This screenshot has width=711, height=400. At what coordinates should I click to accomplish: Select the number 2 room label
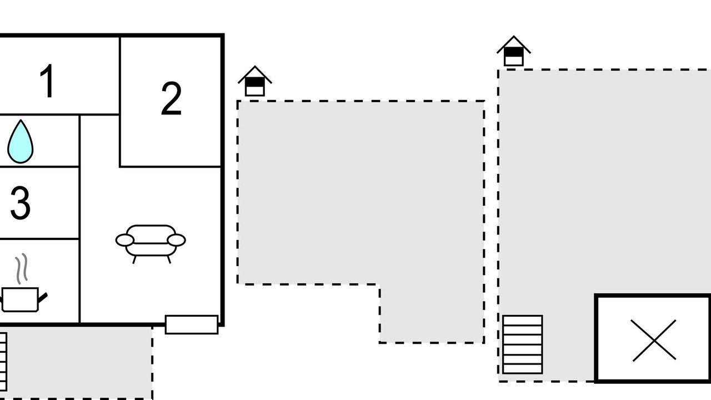171,99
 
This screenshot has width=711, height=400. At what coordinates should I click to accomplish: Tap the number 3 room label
21,203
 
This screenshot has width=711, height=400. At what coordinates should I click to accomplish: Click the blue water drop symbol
21,142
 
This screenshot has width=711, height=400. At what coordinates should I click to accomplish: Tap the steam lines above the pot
22,268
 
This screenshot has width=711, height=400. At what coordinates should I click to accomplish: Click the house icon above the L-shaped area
255,81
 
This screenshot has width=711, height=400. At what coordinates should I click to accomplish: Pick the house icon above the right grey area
514,51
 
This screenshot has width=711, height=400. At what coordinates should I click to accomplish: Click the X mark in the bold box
654,341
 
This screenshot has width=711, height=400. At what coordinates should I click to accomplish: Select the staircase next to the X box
523,344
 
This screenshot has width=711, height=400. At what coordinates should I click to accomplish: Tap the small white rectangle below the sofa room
192,324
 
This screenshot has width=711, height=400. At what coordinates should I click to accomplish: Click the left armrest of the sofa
125,240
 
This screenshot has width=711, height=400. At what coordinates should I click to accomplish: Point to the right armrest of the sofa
177,240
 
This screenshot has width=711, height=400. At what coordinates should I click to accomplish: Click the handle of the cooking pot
43,298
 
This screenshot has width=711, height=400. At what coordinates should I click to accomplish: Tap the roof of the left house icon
255,74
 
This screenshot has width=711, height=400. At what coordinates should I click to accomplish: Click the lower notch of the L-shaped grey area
432,314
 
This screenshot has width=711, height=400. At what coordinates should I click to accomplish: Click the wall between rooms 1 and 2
120,76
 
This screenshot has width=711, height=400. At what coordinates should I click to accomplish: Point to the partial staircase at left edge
3,362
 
